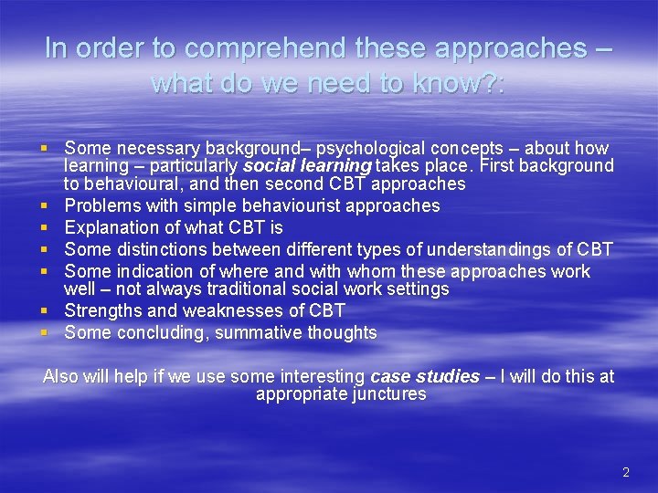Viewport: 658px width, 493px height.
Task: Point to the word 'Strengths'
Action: click(101, 310)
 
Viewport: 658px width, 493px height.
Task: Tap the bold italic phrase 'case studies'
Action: click(424, 376)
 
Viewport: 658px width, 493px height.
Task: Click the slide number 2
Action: click(626, 472)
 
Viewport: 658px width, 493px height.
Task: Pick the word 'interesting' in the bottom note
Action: click(321, 376)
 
